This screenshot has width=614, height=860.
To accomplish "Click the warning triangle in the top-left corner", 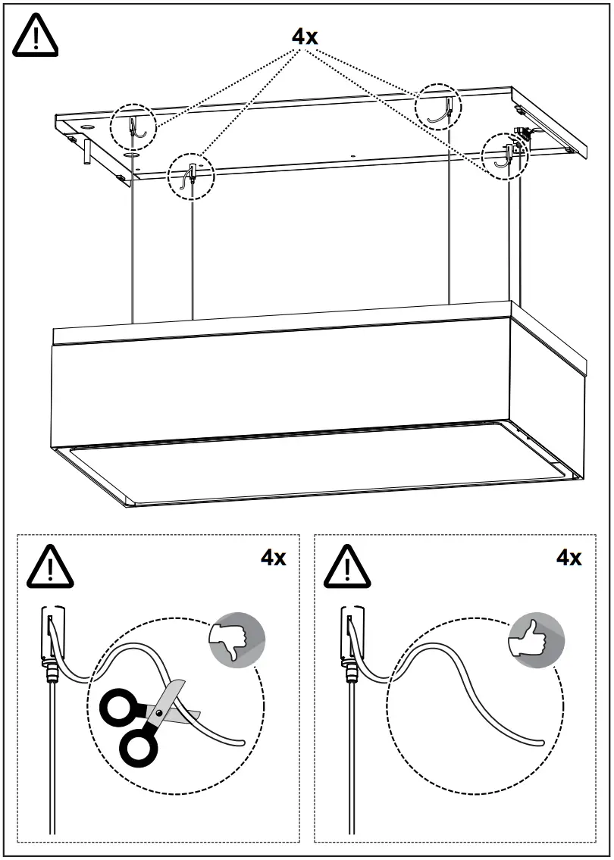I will (36, 36).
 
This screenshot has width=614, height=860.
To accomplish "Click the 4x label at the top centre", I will (305, 36).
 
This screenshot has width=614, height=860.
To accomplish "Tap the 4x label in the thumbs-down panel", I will (274, 558).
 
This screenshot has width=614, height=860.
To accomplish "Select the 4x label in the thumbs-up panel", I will (569, 558).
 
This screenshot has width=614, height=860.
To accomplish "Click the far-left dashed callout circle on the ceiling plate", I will (133, 125).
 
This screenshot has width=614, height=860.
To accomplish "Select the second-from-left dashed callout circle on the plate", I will (191, 176).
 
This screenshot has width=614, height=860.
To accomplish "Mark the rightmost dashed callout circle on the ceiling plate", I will (506, 155).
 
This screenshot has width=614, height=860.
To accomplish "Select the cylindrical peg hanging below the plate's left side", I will (88, 152).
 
